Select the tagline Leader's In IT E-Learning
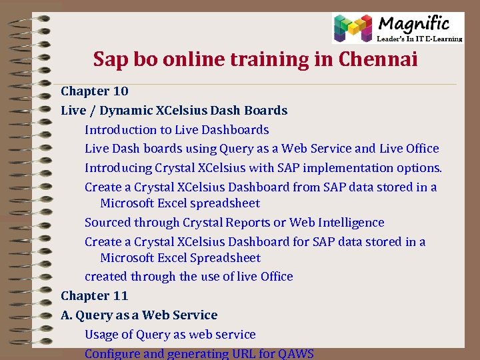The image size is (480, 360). pyautogui.click(x=420, y=39)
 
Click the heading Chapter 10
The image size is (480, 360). pyautogui.click(x=95, y=91)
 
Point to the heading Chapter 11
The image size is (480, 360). pyautogui.click(x=95, y=295)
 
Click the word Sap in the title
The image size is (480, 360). pyautogui.click(x=109, y=60)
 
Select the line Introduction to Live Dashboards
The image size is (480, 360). pyautogui.click(x=177, y=129)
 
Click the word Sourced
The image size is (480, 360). pyautogui.click(x=107, y=222)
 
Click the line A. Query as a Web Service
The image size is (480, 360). pyautogui.click(x=139, y=315)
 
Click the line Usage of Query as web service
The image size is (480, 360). pyautogui.click(x=170, y=334)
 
